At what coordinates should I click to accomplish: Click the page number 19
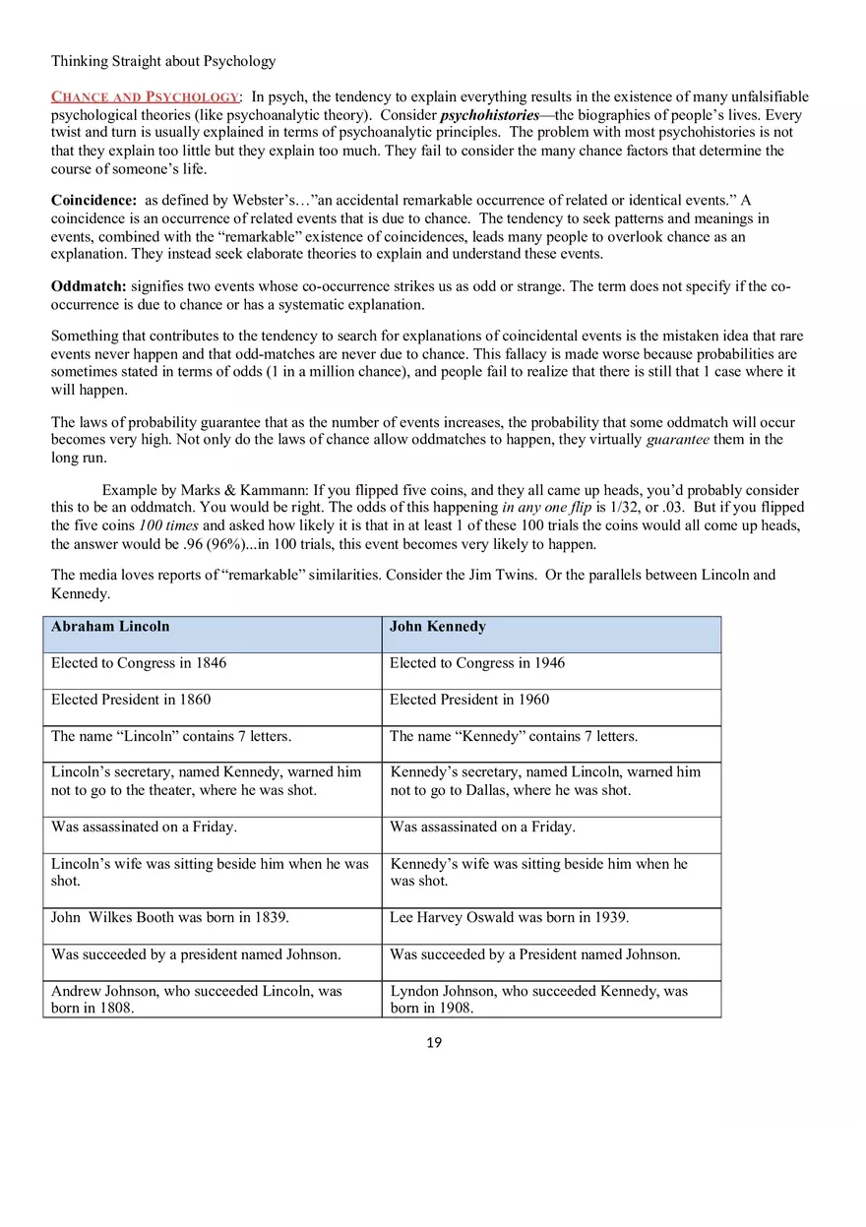(434, 1043)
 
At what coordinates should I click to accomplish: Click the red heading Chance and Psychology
(145, 96)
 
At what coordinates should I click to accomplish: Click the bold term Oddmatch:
(89, 286)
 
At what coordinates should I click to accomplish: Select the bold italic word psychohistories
(489, 114)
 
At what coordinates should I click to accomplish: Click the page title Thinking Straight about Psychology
(163, 61)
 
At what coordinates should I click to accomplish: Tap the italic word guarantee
(677, 440)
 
